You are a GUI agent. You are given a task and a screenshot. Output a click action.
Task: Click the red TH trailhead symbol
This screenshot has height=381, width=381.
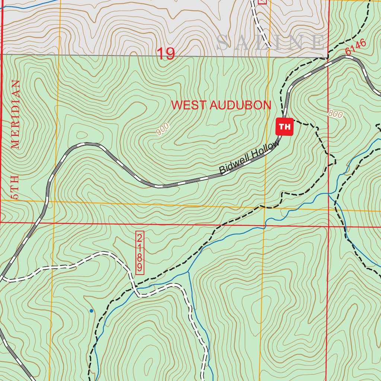[285, 127]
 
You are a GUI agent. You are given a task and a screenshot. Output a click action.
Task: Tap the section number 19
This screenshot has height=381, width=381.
[166, 54]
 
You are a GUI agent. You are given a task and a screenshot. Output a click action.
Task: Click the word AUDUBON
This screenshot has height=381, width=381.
[240, 105]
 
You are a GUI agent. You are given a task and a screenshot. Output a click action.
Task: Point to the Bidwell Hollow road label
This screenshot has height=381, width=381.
[249, 158]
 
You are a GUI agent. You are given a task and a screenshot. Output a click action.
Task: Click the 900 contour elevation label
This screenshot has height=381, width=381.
[163, 129]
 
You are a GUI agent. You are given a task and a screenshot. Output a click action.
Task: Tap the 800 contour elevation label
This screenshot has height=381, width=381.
[336, 114]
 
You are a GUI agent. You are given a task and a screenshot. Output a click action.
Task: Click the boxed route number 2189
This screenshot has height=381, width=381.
[140, 253]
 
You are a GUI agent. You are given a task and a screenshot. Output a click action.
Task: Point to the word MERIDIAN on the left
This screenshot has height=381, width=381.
[15, 114]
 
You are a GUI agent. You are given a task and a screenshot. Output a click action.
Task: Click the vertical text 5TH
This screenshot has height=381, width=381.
[15, 192]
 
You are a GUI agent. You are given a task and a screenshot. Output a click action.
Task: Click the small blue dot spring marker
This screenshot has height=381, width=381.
[91, 310]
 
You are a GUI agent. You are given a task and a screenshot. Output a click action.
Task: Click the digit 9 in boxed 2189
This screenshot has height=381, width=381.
[140, 267]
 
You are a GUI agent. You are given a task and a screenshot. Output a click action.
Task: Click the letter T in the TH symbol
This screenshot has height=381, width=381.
[282, 127]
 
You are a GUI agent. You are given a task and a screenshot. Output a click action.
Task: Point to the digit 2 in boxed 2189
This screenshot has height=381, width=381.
[140, 238]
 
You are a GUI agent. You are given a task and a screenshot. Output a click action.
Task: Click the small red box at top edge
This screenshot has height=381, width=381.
[262, 1]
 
